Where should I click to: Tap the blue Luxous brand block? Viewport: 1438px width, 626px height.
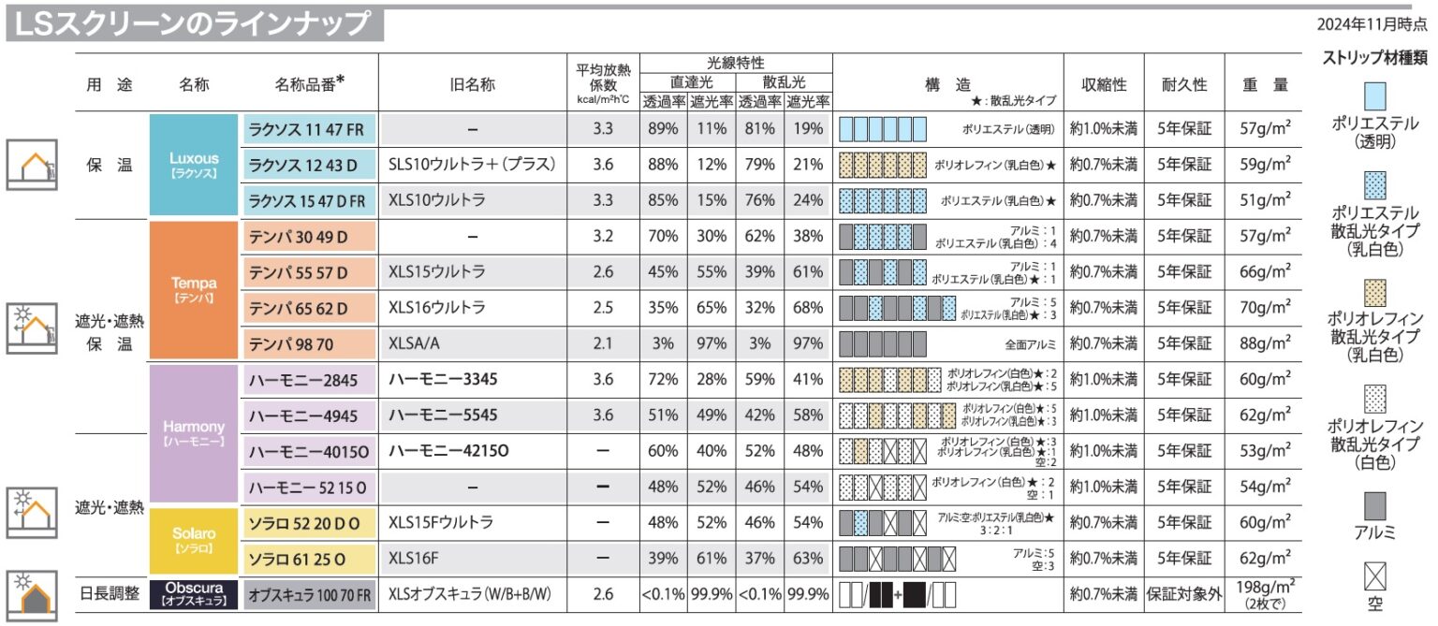(194, 165)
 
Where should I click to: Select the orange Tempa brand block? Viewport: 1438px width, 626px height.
(194, 289)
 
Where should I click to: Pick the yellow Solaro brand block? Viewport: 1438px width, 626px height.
(194, 540)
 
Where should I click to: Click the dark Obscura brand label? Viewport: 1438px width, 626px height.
(194, 594)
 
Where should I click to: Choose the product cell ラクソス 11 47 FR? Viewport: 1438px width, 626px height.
(311, 129)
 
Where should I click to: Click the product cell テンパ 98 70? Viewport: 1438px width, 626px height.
(311, 343)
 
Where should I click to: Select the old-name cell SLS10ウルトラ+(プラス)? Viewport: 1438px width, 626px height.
(473, 165)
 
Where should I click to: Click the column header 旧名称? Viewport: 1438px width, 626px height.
(473, 84)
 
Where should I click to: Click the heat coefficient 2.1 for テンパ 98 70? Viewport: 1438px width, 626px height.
(603, 343)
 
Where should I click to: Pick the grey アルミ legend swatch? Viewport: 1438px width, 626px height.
(1374, 506)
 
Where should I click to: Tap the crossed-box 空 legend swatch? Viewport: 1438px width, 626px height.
(1374, 575)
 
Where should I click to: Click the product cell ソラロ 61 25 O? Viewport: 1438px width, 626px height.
(311, 559)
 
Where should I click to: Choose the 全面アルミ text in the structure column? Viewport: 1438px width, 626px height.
(1029, 343)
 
